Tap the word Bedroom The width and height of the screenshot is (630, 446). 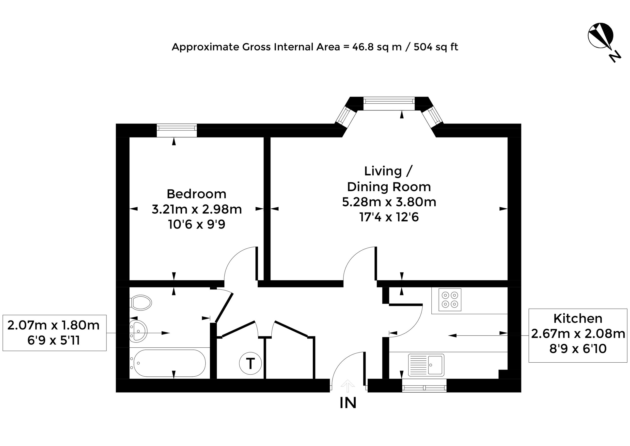point(196,194)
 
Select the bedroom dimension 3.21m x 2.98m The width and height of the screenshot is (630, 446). point(197,209)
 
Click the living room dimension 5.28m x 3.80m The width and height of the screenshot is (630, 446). point(389,202)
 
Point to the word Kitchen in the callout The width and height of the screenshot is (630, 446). point(578,319)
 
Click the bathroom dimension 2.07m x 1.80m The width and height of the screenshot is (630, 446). point(53,325)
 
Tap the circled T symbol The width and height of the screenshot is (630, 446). point(250,364)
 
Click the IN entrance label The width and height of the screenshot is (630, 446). point(348,403)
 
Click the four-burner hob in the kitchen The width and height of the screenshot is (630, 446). point(450,300)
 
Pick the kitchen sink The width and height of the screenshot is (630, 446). point(426,365)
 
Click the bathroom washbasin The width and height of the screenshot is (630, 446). point(138,331)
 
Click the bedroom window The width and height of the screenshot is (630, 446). point(177,130)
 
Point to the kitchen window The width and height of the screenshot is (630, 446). point(424,385)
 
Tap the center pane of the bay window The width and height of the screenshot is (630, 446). point(389,104)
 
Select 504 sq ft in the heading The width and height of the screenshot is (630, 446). point(436,47)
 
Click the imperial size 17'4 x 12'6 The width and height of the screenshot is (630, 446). point(389,217)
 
